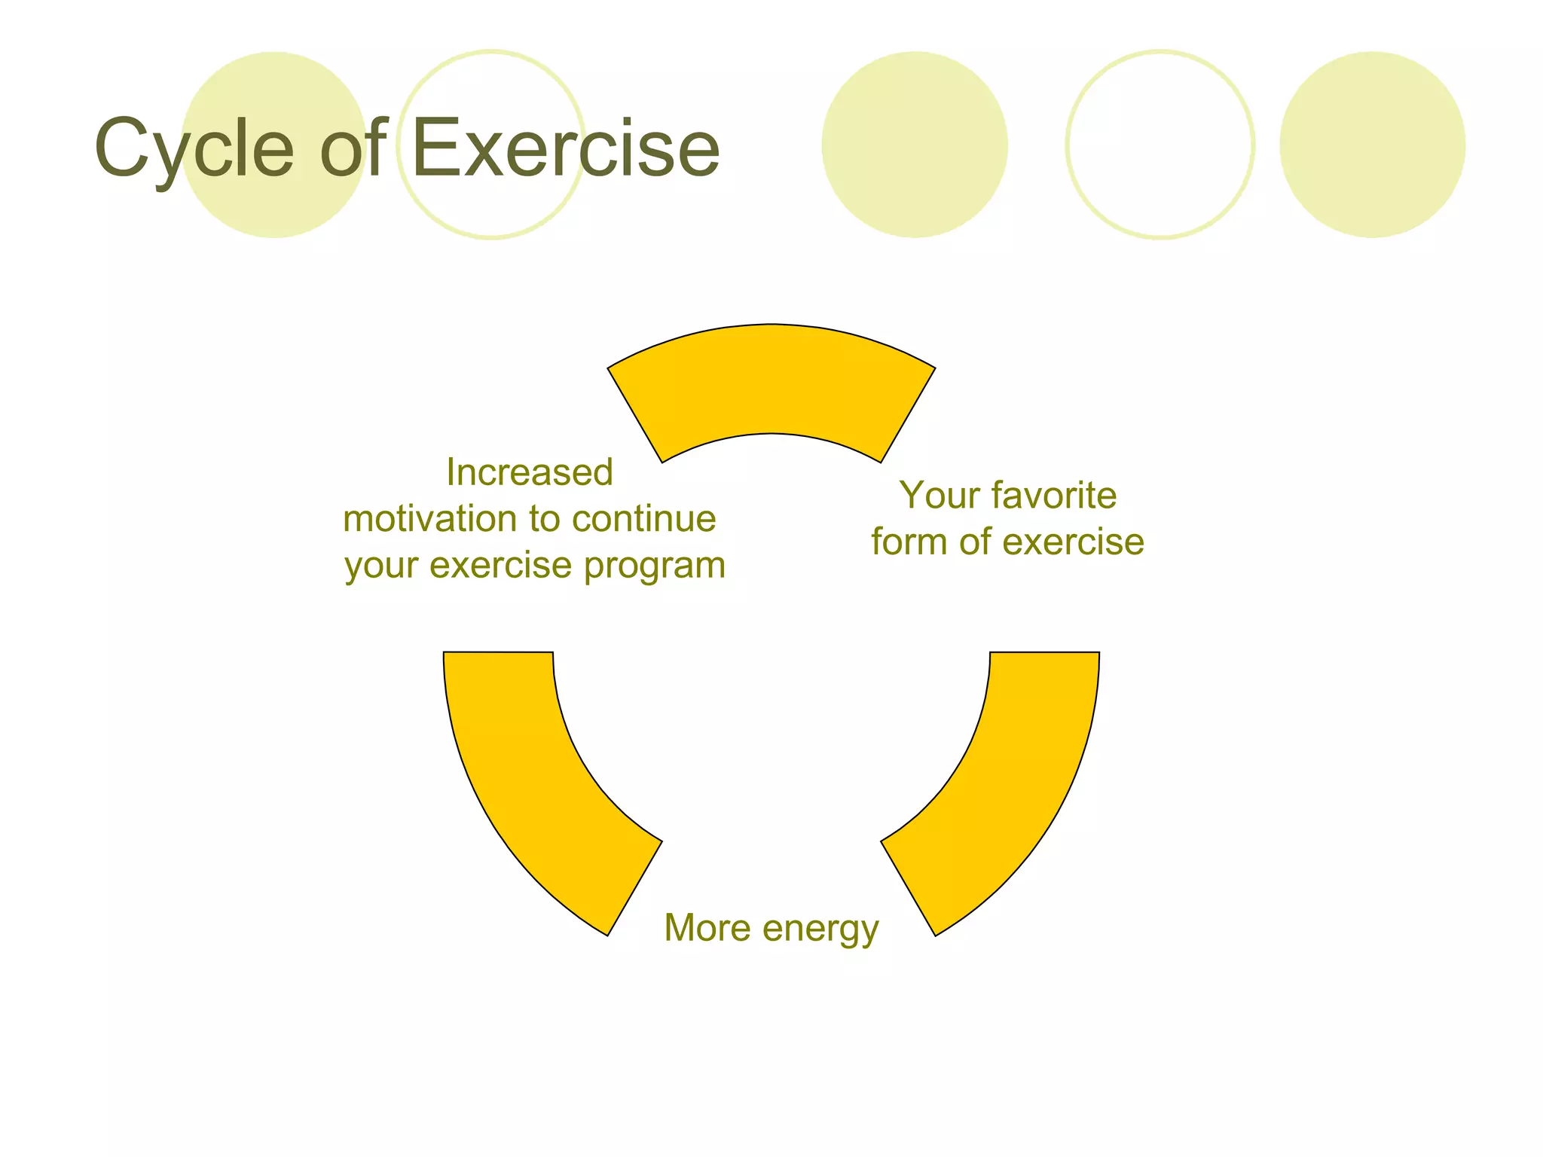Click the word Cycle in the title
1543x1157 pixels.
(194, 149)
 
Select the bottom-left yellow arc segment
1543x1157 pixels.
(527, 776)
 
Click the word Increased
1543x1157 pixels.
(530, 473)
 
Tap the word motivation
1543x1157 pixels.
(429, 519)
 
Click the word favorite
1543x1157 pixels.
(1054, 496)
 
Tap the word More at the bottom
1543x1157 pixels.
(707, 928)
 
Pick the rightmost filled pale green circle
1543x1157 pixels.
(1372, 145)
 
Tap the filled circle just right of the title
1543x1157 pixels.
(914, 145)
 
